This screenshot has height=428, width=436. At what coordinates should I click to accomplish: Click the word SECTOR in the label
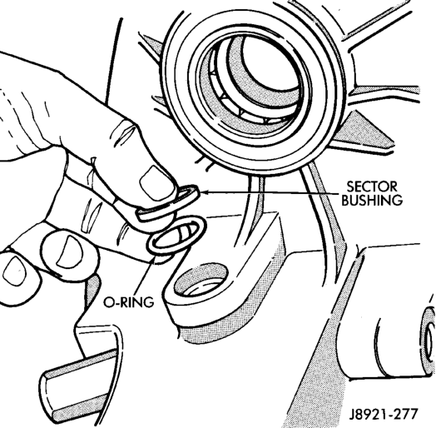click(x=372, y=187)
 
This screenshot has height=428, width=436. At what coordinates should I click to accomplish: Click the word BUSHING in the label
click(x=372, y=200)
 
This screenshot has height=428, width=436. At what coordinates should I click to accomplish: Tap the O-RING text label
click(x=128, y=302)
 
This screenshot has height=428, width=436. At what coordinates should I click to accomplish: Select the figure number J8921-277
click(x=384, y=414)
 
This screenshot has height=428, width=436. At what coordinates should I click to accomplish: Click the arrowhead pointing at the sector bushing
click(x=203, y=192)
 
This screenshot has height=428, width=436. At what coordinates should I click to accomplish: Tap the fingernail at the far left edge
click(x=13, y=271)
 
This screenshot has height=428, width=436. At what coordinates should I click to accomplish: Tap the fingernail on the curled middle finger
click(x=70, y=251)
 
